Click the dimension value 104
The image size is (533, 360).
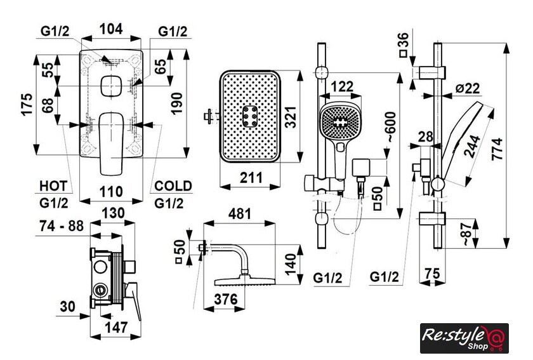(x=112, y=29)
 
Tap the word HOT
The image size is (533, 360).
(x=53, y=186)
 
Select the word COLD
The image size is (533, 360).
(x=173, y=186)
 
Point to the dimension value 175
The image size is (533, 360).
(x=25, y=105)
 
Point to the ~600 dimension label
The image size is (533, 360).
(x=391, y=129)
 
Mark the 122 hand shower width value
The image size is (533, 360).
(x=342, y=86)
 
